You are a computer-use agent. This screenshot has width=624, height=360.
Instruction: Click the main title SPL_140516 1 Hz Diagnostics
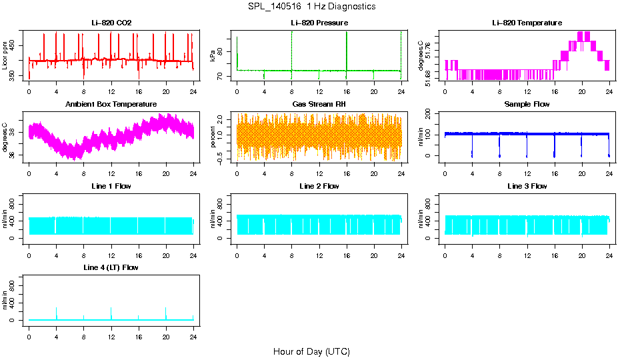click(x=311, y=7)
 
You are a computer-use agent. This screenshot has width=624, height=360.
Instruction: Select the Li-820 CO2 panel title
click(x=111, y=23)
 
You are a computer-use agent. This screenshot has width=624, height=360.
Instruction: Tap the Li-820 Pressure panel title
click(x=319, y=23)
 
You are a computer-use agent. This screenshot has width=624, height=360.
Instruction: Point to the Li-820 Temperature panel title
click(x=527, y=23)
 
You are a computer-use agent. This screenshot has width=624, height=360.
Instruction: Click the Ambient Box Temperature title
click(x=111, y=104)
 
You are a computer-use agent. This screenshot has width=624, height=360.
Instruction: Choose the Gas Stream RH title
click(x=319, y=104)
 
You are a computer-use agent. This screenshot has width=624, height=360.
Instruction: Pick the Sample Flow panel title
click(x=527, y=104)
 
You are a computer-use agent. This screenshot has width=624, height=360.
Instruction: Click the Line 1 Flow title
click(x=111, y=186)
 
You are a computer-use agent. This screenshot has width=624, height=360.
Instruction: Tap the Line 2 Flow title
click(x=319, y=186)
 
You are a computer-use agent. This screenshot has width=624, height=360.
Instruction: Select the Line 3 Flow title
click(x=527, y=186)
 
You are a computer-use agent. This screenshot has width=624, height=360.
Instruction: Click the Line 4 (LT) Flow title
click(x=111, y=267)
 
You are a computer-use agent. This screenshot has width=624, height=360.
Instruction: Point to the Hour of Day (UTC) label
click(x=311, y=351)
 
